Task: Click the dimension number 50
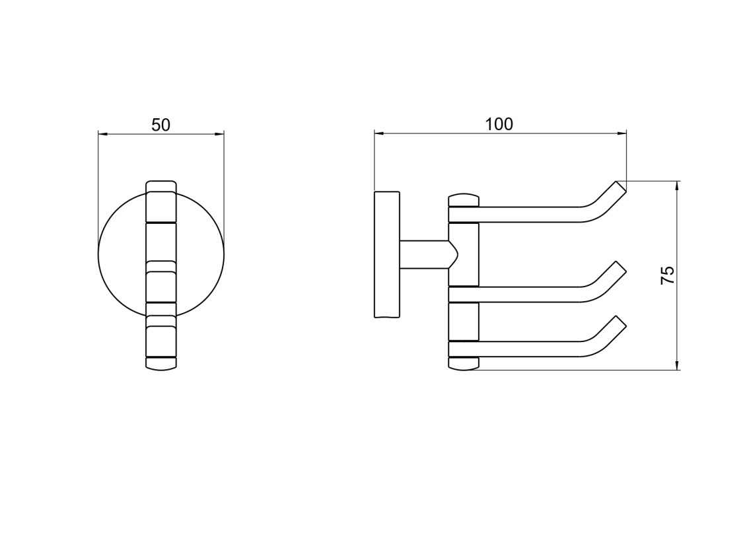pos(160,125)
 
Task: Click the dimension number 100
pos(499,123)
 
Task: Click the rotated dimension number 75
pos(668,275)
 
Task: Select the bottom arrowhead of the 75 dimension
pos(677,365)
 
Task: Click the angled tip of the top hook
pos(622,187)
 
